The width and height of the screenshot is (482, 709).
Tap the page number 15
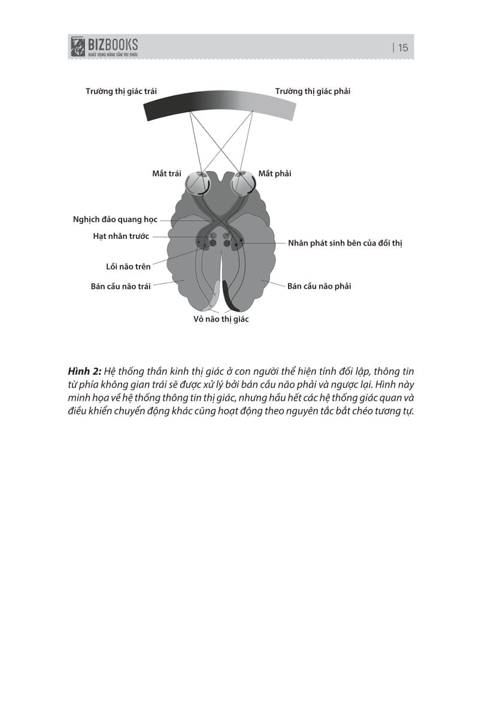pos(402,48)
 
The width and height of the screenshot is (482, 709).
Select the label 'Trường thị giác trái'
pos(121,92)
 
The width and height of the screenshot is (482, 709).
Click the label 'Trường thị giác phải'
pos(313,92)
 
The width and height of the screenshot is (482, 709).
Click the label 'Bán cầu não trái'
pos(120,286)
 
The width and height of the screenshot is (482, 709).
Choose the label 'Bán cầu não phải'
pos(319,286)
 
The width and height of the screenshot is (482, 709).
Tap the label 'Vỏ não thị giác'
pos(221,320)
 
